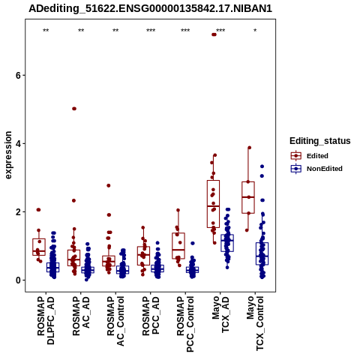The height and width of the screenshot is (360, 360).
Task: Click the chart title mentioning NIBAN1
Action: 150,8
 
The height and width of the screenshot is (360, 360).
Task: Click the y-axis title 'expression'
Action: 8,155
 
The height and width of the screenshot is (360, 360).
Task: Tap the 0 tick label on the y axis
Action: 18,280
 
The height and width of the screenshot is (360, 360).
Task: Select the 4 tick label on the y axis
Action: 18,144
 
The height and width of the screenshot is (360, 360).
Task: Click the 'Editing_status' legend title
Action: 320,141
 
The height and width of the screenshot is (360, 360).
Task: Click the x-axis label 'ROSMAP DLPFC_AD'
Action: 46,320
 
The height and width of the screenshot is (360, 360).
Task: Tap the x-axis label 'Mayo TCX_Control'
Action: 255,323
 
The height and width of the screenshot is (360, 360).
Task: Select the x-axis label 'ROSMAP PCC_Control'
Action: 185,324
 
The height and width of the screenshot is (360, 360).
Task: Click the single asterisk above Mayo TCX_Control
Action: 255,31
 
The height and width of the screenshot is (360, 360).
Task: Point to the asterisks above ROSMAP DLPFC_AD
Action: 46,31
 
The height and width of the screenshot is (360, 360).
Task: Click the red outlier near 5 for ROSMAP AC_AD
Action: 74,109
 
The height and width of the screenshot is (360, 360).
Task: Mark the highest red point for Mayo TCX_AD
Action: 214,34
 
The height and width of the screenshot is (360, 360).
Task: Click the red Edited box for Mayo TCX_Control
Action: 248,197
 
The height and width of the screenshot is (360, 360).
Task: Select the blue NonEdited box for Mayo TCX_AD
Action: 227,243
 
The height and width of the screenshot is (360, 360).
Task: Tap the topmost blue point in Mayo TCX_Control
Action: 262,166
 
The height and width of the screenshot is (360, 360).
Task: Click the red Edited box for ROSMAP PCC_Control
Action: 178,246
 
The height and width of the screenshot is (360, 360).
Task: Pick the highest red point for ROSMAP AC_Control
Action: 109,185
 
